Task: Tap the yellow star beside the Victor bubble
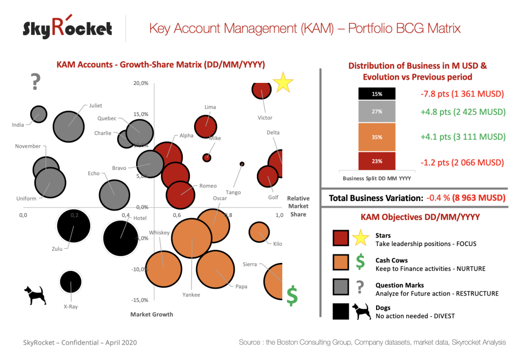click(283, 83)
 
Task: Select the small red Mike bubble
click(207, 157)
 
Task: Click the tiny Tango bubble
click(242, 164)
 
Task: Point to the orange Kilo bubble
click(258, 232)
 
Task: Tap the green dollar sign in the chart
click(292, 295)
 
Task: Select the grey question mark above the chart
click(36, 82)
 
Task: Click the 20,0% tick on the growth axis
click(141, 83)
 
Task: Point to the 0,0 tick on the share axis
click(23, 215)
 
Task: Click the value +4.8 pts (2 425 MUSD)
click(463, 112)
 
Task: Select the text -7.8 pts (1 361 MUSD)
click(462, 94)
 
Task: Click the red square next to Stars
click(341, 239)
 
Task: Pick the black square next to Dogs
click(341, 311)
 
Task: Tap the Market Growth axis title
click(151, 314)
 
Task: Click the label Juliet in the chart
click(95, 106)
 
